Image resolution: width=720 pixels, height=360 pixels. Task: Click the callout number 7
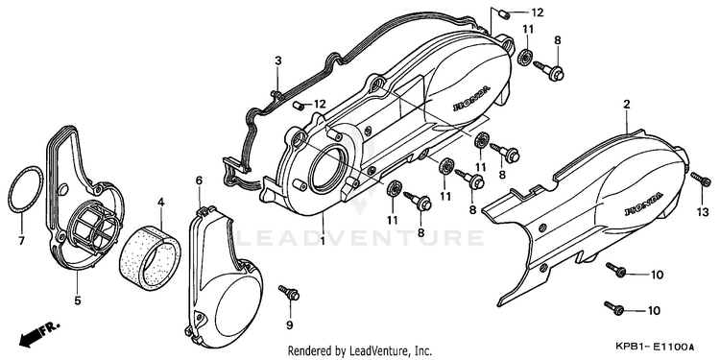[21, 241]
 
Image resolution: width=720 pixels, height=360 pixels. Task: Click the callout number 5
[78, 300]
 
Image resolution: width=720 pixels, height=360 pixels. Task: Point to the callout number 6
[199, 180]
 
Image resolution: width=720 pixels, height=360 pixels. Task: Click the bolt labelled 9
[289, 293]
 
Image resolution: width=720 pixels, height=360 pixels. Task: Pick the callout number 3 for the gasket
[278, 60]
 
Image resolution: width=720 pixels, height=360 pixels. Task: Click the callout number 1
[323, 241]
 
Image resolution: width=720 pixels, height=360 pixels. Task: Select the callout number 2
[626, 105]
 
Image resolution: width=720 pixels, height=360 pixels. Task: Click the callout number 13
[703, 212]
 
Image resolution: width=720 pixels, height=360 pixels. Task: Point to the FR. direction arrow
[39, 334]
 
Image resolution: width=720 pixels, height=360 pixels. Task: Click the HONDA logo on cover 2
[644, 204]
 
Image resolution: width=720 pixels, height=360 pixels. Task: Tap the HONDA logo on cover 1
[471, 98]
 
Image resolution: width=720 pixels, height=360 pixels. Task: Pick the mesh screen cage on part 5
[94, 224]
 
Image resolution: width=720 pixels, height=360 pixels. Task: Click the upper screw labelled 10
[615, 270]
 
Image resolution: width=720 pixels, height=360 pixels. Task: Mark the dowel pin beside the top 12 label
[504, 15]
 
